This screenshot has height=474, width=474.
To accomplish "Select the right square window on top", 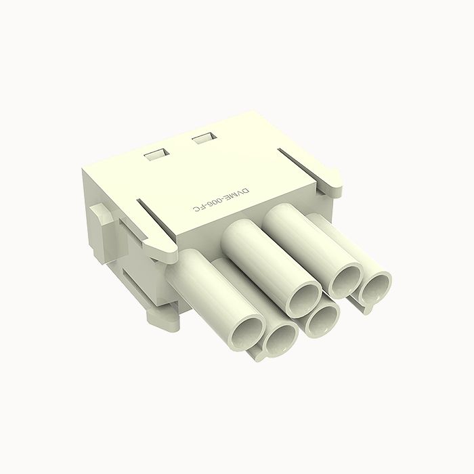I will click(x=202, y=139).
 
